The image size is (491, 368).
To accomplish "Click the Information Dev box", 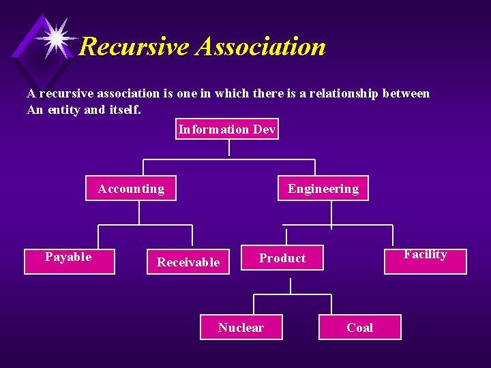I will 227,129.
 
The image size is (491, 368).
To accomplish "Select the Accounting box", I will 131,189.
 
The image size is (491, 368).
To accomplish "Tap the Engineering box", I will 323,189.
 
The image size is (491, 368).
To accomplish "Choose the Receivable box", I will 188,262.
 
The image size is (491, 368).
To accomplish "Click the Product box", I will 282,258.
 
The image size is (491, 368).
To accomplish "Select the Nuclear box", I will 241,327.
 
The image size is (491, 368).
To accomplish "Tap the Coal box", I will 359,327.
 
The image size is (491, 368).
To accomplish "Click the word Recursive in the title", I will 134,47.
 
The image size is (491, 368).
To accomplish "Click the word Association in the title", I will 261,47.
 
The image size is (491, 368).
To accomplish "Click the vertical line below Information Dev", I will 229,148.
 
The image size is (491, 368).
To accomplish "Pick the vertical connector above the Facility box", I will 392,237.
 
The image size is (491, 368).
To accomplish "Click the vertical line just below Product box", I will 291,285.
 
